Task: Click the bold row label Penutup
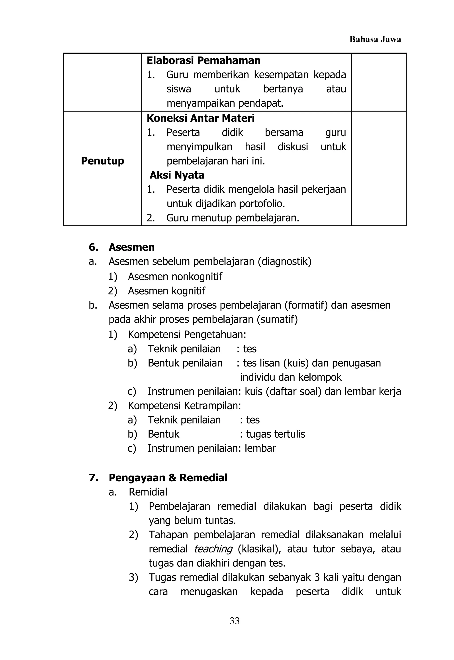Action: [x=102, y=161]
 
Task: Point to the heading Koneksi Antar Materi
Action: [x=201, y=118]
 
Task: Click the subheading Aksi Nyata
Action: [x=177, y=175]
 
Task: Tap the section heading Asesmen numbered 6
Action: [x=131, y=247]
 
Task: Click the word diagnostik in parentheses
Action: [x=284, y=261]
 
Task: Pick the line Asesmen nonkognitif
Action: [x=175, y=276]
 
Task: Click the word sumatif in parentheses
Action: [x=277, y=319]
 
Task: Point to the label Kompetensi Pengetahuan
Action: [x=187, y=335]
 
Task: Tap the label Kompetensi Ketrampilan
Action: [x=184, y=406]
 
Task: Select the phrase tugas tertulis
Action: [x=275, y=434]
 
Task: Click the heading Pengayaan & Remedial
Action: [x=168, y=478]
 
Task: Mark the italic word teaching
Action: [x=213, y=549]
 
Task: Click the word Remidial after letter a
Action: [x=148, y=492]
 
